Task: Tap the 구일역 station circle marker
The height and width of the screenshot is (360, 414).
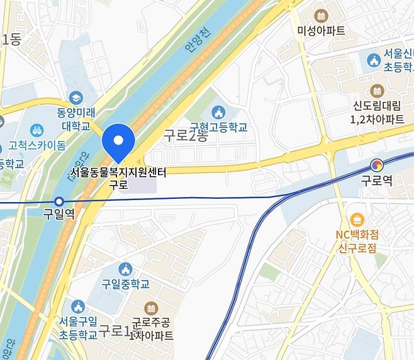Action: click(59, 201)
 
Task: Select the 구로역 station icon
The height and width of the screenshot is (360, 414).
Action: click(376, 166)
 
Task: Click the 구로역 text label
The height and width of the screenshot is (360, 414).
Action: click(376, 181)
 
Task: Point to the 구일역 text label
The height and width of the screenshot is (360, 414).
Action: click(59, 214)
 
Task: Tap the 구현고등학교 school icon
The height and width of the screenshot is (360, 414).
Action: click(218, 113)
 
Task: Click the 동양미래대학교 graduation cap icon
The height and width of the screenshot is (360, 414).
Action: click(76, 98)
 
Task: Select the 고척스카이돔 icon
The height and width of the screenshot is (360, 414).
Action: click(36, 131)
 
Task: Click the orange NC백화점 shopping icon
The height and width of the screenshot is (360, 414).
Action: click(358, 220)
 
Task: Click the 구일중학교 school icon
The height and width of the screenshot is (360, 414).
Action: click(125, 269)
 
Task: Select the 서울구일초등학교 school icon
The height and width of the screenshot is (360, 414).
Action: click(78, 307)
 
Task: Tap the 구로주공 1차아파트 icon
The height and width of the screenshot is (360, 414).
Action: click(151, 308)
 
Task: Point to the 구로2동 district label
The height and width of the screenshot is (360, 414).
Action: click(185, 135)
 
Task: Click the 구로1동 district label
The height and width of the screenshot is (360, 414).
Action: click(120, 330)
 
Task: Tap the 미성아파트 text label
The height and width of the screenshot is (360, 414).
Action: click(322, 30)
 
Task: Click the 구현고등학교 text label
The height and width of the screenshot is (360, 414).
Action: click(218, 127)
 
